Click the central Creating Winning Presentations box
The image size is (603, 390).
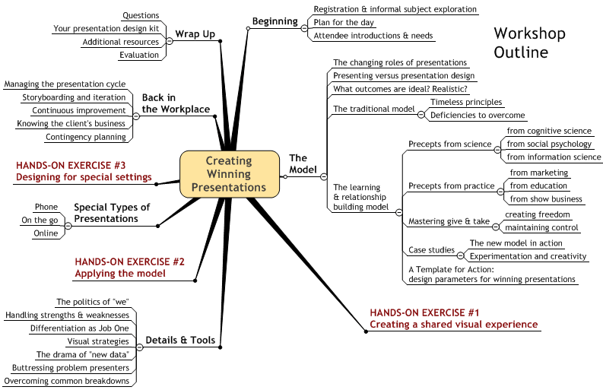(x=230, y=174)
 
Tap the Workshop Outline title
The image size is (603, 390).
(x=529, y=43)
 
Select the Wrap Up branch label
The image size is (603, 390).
(x=195, y=34)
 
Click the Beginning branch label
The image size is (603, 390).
(x=275, y=21)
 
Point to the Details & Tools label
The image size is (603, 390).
(x=180, y=340)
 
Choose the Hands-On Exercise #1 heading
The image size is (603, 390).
(x=454, y=319)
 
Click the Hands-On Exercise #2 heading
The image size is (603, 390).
(x=129, y=268)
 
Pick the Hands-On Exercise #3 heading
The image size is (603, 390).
(x=84, y=171)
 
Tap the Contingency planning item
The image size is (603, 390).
(x=86, y=137)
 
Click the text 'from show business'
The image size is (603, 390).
(x=546, y=199)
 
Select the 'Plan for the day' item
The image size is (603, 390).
(x=344, y=22)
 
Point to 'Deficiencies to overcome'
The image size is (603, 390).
(x=478, y=115)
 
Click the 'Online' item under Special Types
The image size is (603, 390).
(x=46, y=233)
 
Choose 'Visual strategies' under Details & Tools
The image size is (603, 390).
(x=98, y=341)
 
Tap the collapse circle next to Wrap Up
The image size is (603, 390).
(x=170, y=41)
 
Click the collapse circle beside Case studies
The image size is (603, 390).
(x=460, y=255)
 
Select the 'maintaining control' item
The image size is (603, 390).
(x=541, y=227)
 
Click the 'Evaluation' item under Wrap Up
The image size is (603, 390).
(x=139, y=55)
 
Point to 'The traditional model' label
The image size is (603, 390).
(x=374, y=109)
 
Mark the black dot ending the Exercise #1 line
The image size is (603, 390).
(x=366, y=331)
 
